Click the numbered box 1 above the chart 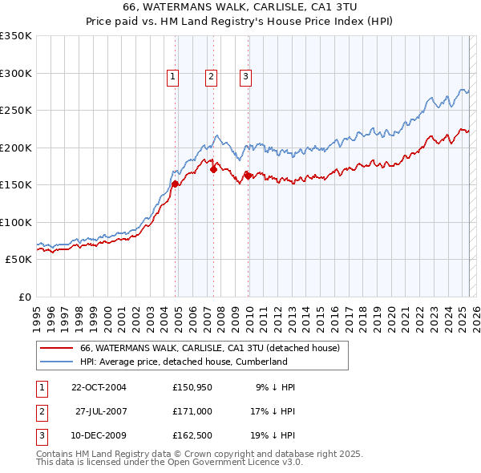coord(172,77)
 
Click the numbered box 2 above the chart coord(211,77)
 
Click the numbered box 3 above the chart coord(245,77)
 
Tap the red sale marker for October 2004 coord(175,184)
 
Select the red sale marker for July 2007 coord(214,169)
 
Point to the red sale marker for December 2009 coord(248,176)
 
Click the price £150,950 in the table coord(192,387)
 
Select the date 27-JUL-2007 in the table coord(101,410)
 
